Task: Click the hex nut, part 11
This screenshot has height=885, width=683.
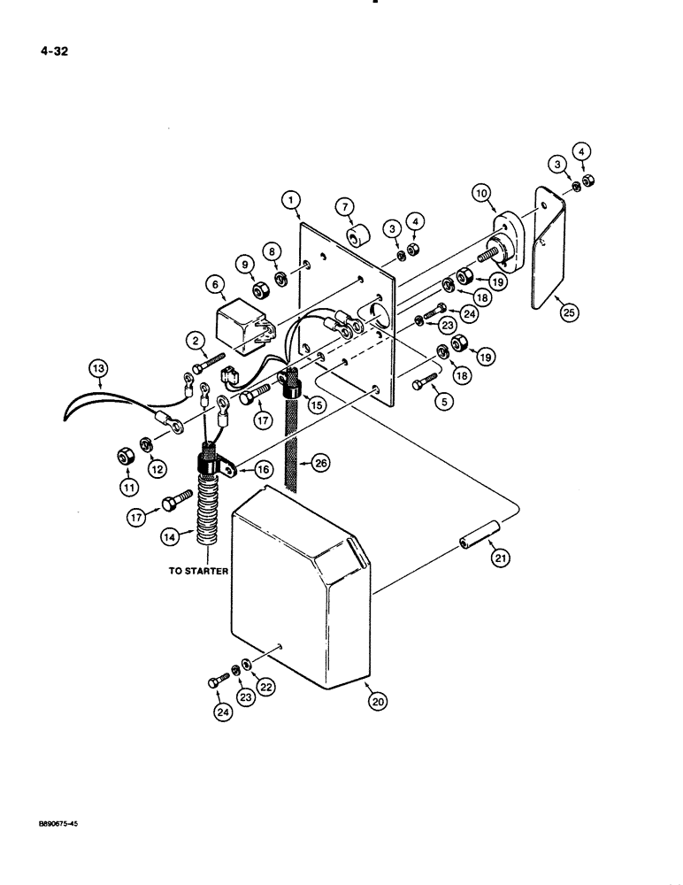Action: pos(126,458)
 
